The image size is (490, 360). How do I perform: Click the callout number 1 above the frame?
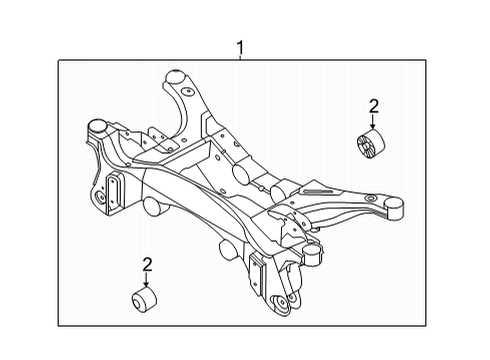tap(240, 46)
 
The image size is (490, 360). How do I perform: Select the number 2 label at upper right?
tap(374, 106)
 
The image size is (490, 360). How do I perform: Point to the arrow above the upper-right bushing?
tap(374, 122)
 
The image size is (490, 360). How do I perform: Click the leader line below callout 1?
tap(240, 58)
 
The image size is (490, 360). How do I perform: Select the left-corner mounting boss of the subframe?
tap(97, 126)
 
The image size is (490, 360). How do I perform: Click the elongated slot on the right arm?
tap(318, 190)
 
